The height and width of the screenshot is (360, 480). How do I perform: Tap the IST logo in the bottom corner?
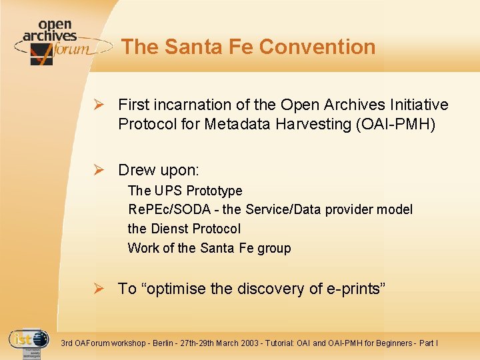pos(29,342)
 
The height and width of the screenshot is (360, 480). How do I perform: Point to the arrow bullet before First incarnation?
pos(97,105)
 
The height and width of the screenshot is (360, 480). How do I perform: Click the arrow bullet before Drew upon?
pos(97,170)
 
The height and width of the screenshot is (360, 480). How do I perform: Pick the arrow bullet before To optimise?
pos(97,289)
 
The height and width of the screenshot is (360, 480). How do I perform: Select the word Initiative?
pos(418,105)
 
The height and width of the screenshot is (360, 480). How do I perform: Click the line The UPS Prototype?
pos(185,191)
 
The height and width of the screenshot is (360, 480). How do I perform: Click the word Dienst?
pos(170,229)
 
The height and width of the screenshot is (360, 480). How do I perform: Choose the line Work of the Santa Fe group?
pos(209,248)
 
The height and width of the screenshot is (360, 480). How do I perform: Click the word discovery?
pos(271,289)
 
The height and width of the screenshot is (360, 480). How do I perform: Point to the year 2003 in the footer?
pos(255,343)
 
